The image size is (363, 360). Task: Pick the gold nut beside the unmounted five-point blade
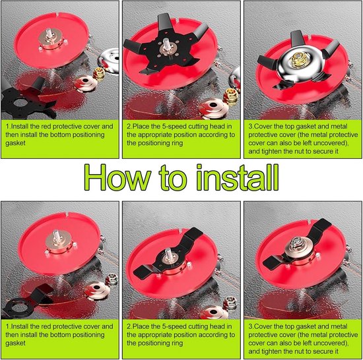point(99,74)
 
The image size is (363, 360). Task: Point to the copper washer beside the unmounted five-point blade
point(86,83)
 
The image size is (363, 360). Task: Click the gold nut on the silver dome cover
point(298,60)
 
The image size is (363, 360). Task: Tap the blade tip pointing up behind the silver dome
point(298,38)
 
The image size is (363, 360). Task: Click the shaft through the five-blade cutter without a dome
point(167,44)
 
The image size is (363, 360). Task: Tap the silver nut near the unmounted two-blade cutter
point(112,279)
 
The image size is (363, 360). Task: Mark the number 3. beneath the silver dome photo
point(251,127)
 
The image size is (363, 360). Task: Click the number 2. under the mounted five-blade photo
point(129,127)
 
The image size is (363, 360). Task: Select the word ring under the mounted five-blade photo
point(176,143)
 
